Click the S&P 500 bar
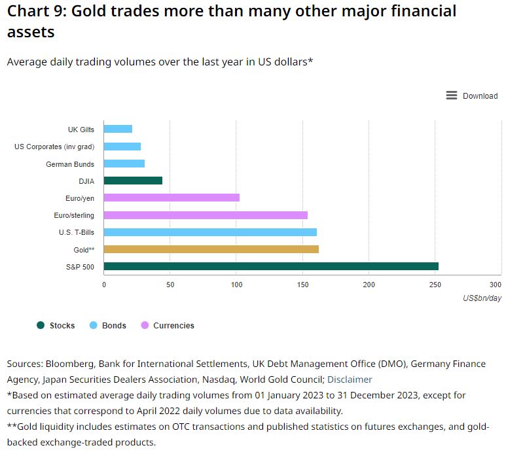click(271, 266)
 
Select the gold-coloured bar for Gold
click(211, 249)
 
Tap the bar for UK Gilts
click(118, 129)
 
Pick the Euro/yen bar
click(172, 198)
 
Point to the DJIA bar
click(133, 181)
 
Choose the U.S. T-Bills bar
click(210, 232)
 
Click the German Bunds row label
click(70, 164)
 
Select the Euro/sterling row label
click(74, 215)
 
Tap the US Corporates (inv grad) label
click(54, 147)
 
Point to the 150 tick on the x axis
click(303, 285)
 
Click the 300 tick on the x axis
click(496, 285)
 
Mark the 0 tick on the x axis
click(104, 285)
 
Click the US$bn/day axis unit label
click(482, 298)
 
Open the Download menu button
click(472, 96)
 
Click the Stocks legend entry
click(56, 325)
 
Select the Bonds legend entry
click(108, 325)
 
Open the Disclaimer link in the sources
click(350, 379)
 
